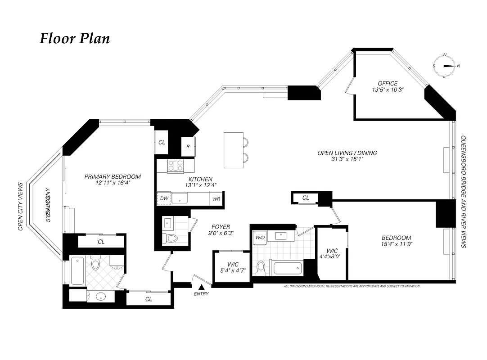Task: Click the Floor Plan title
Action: [75, 39]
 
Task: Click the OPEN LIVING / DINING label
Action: [347, 153]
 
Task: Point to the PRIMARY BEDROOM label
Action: [113, 177]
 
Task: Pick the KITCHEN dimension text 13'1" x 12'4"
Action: [201, 185]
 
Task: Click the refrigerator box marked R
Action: [188, 146]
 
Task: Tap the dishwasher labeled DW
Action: [164, 198]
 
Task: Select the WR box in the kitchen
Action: [216, 198]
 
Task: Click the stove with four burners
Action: [175, 166]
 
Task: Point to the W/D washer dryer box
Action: [260, 237]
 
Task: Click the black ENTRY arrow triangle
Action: [202, 287]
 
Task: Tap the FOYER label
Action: [221, 227]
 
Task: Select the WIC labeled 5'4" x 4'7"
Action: [233, 267]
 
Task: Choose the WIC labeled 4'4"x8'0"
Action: [332, 253]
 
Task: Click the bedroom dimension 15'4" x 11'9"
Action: [396, 244]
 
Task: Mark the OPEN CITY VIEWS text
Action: [20, 207]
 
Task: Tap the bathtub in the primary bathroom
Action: [77, 270]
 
